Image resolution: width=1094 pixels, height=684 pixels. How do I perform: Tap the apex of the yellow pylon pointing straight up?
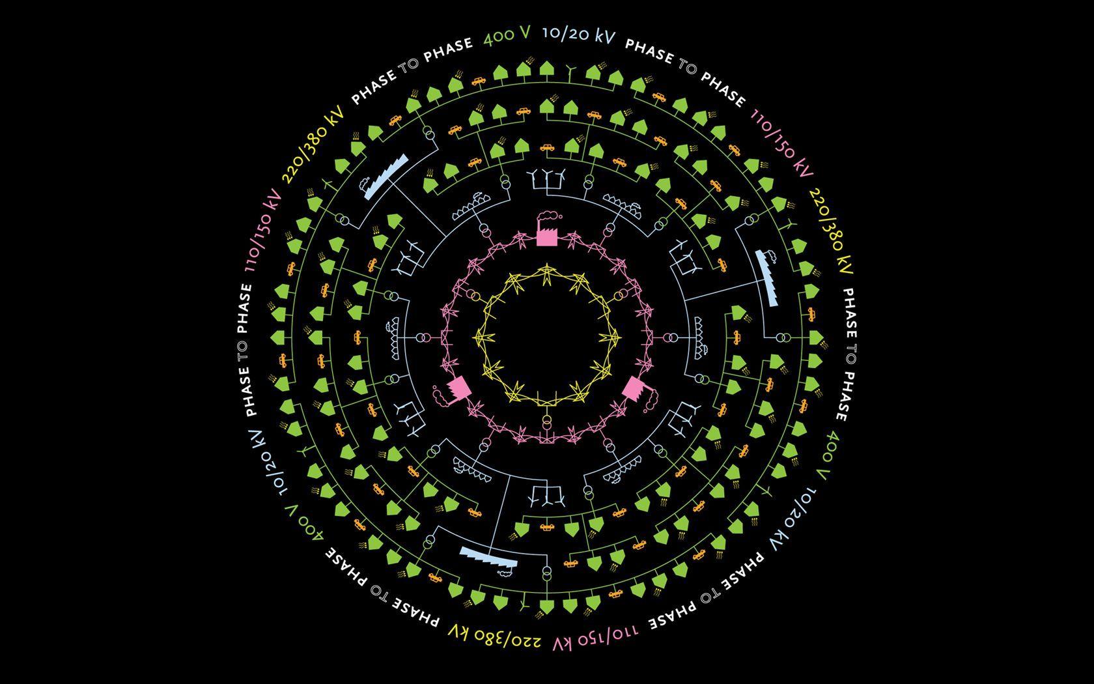coord(546,264)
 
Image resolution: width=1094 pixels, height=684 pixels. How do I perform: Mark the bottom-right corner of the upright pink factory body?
coord(557,246)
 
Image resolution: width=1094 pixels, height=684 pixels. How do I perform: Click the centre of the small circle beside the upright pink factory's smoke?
coord(560,216)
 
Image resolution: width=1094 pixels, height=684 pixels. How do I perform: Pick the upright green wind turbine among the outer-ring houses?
coord(569,72)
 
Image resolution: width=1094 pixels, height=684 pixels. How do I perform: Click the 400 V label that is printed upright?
coord(507,36)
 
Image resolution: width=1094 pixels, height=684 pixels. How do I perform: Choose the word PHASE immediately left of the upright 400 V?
coord(448,50)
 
